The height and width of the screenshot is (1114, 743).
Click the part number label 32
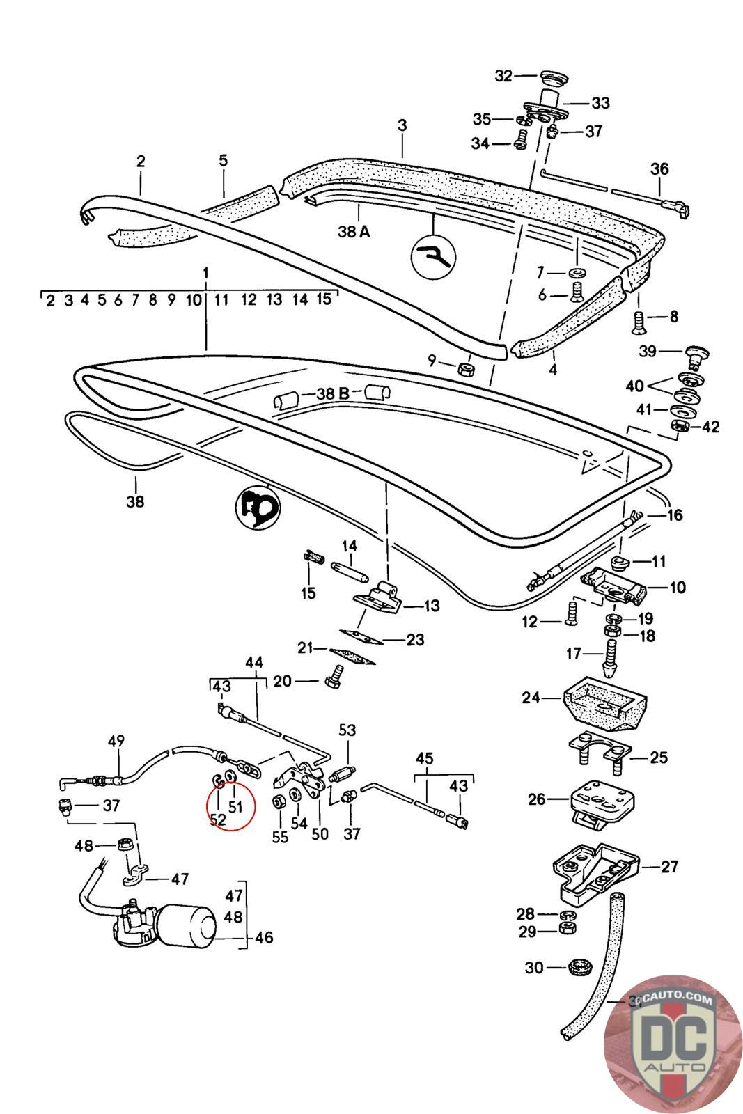pyautogui.click(x=503, y=76)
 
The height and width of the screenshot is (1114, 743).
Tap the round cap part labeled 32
pyautogui.click(x=554, y=79)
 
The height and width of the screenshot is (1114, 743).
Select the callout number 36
pyautogui.click(x=659, y=168)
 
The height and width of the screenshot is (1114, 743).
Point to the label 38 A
pyautogui.click(x=354, y=231)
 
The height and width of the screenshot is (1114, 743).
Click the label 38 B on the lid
pyautogui.click(x=334, y=393)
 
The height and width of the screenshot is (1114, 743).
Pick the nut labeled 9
pyautogui.click(x=466, y=370)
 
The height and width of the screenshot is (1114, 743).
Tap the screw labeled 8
pyautogui.click(x=639, y=322)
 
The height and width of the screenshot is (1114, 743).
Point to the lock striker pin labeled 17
pyautogui.click(x=610, y=657)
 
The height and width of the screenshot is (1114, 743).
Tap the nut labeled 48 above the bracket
pyautogui.click(x=124, y=845)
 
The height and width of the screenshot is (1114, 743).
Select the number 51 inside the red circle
pyautogui.click(x=235, y=806)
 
